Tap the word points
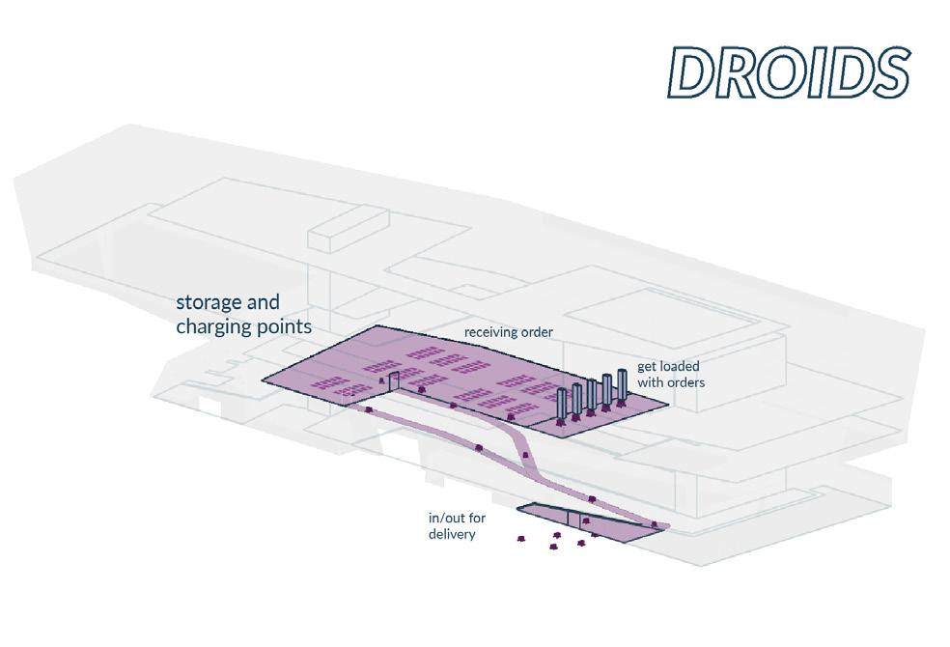[x=284, y=327]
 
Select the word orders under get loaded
[x=685, y=382]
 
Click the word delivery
[x=452, y=533]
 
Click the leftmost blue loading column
[x=562, y=405]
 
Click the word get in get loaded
[x=646, y=367]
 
